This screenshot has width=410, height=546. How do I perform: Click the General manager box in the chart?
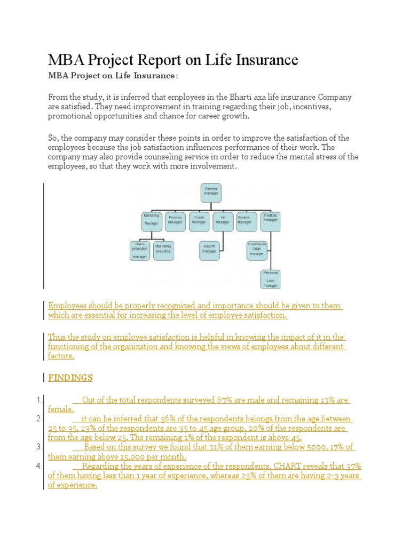click(x=211, y=194)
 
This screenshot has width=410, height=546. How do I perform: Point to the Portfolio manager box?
click(x=271, y=220)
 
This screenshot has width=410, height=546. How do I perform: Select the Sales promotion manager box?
click(x=140, y=250)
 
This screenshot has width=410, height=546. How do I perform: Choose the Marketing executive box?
click(x=163, y=250)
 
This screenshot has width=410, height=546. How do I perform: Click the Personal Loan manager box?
click(x=270, y=279)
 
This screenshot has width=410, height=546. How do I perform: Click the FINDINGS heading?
click(x=70, y=378)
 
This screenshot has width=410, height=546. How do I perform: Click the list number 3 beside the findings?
click(x=39, y=447)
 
